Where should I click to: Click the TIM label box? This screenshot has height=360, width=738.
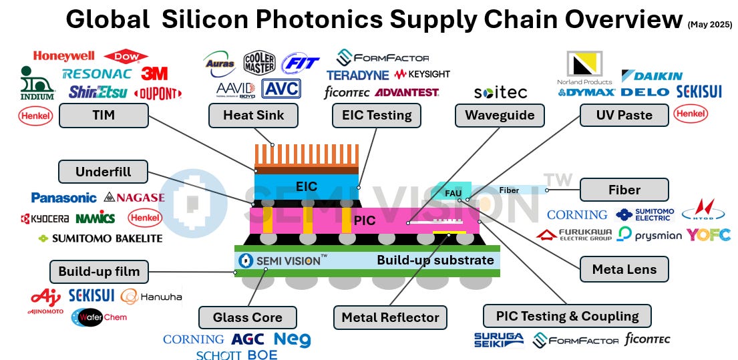pyautogui.click(x=104, y=116)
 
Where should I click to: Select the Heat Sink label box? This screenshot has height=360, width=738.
pyautogui.click(x=253, y=116)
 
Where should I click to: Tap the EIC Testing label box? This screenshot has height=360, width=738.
pyautogui.click(x=376, y=116)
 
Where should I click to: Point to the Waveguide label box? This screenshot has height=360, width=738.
pyautogui.click(x=500, y=116)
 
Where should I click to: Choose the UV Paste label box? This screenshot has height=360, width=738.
pyautogui.click(x=624, y=116)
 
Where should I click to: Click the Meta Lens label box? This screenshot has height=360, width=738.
pyautogui.click(x=624, y=270)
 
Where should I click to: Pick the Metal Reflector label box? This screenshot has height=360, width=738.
pyautogui.click(x=391, y=317)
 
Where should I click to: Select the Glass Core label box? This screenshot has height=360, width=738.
pyautogui.click(x=248, y=317)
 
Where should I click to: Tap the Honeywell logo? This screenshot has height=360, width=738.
pyautogui.click(x=63, y=56)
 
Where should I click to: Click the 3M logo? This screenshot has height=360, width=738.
pyautogui.click(x=154, y=73)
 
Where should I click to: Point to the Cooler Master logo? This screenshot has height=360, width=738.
pyautogui.click(x=259, y=63)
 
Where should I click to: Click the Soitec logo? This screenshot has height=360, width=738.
pyautogui.click(x=500, y=92)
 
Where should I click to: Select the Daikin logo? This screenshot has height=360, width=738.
pyautogui.click(x=652, y=75)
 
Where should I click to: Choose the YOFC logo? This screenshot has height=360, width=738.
pyautogui.click(x=708, y=234)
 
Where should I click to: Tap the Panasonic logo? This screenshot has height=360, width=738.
pyautogui.click(x=63, y=198)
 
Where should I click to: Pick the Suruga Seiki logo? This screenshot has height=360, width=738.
pyautogui.click(x=498, y=340)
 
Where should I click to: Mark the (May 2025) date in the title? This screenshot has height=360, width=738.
pyautogui.click(x=709, y=25)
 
